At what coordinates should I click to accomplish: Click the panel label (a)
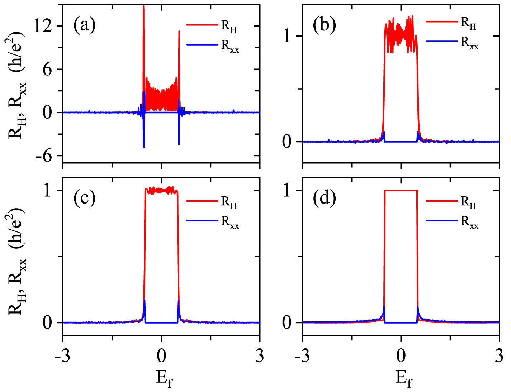point(85,25)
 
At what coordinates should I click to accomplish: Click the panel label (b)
point(324,25)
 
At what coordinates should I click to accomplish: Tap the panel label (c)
point(85,198)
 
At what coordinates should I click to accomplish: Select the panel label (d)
point(324,198)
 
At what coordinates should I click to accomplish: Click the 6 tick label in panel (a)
point(48,69)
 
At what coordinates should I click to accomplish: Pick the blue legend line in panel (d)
point(442,221)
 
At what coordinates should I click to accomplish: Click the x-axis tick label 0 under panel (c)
point(161,356)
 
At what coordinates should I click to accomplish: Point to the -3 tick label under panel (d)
point(302,356)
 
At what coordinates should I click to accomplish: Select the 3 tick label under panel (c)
point(260,356)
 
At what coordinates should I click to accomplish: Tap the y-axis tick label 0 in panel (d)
point(287,323)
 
